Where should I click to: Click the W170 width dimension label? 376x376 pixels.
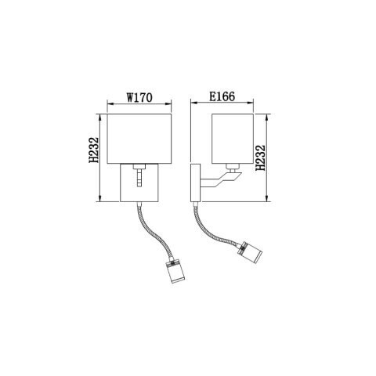pos(139,99)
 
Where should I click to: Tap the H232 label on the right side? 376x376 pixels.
pos(262,157)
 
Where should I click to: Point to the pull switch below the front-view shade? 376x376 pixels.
pos(139,176)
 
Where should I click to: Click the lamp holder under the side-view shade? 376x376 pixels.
pos(231,166)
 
